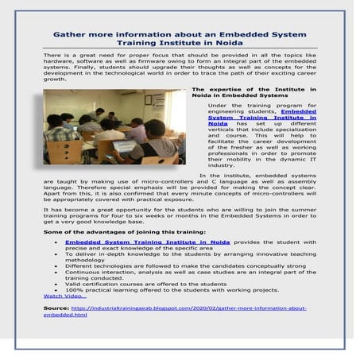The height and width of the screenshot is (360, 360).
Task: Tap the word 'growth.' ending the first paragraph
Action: (54, 79)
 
